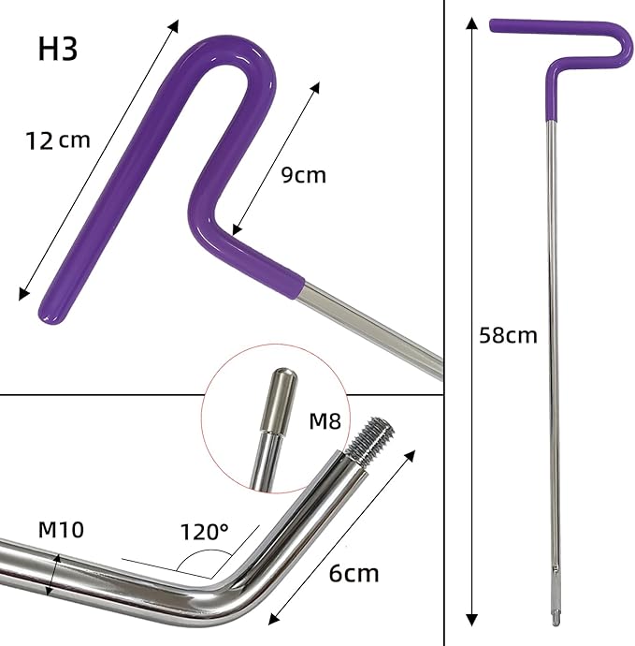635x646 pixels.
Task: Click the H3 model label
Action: coord(58,49)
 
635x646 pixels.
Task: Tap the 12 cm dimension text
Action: coord(58,140)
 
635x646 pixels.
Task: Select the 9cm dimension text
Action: coord(304,175)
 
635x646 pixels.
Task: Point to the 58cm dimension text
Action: coord(508,335)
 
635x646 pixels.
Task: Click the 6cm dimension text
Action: coord(354,573)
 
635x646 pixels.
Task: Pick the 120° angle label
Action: coord(204,532)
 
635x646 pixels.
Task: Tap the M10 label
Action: coord(61,529)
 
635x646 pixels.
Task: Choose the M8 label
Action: coord(325,421)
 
